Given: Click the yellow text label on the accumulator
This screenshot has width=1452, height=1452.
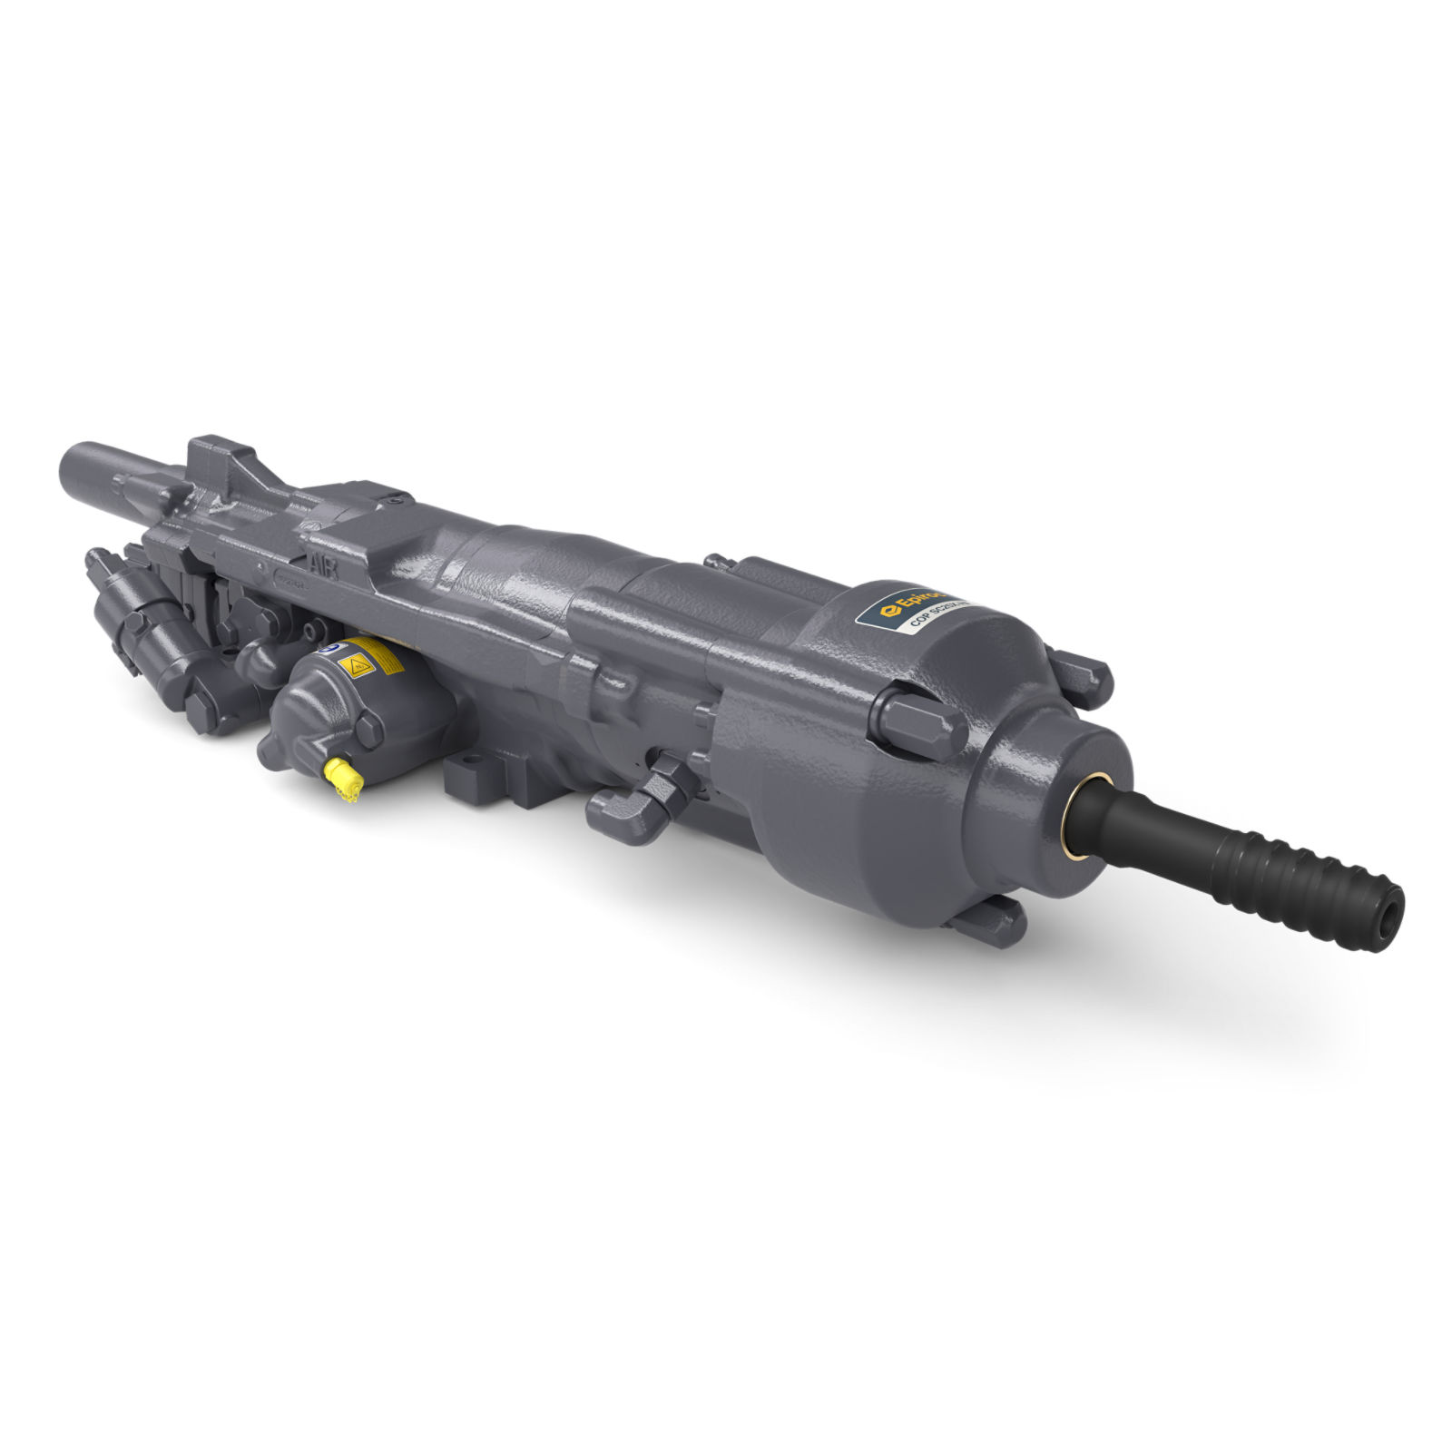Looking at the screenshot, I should pos(386,658).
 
